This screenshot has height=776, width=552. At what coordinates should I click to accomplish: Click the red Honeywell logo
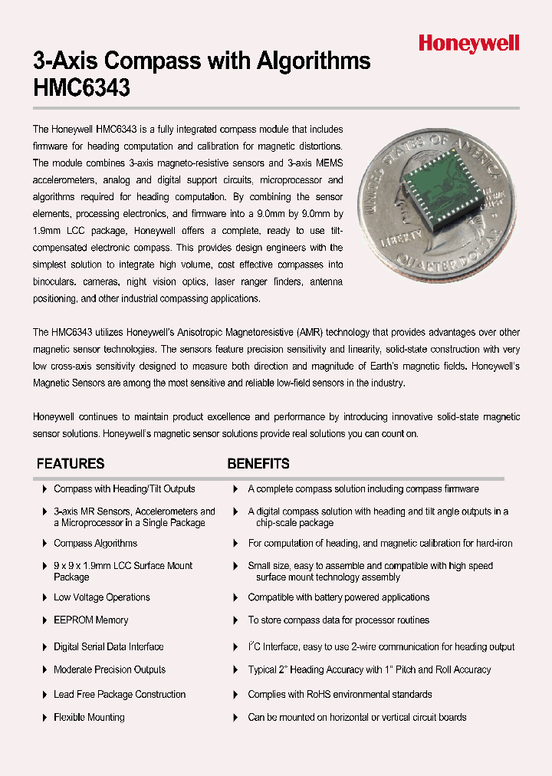pos(468,44)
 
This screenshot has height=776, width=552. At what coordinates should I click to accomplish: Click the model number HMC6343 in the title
pos(82,88)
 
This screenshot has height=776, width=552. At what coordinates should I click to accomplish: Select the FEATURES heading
pos(71,464)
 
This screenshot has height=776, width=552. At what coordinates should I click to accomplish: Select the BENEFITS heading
pos(258,464)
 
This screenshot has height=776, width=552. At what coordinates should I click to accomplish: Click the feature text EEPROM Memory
pos(90,620)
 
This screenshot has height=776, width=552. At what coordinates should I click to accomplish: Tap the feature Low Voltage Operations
pos(101,597)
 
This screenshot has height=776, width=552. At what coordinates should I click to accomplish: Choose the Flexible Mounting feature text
pos(89,717)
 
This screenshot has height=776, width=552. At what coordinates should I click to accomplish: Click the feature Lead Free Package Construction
pos(120,694)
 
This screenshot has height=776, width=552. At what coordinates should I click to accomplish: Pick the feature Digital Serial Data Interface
pos(108,646)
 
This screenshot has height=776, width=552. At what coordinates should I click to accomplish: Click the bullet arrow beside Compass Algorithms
pos(44,543)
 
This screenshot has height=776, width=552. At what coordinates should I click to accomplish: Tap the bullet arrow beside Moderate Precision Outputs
pos(44,669)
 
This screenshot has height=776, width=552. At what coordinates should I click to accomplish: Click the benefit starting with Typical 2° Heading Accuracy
pos(369,669)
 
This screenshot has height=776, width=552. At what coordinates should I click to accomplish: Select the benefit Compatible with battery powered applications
pos(338,597)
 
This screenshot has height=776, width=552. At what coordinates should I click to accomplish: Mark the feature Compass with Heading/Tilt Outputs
pos(124,488)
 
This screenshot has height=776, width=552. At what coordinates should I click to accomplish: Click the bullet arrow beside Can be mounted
pos(235,717)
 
